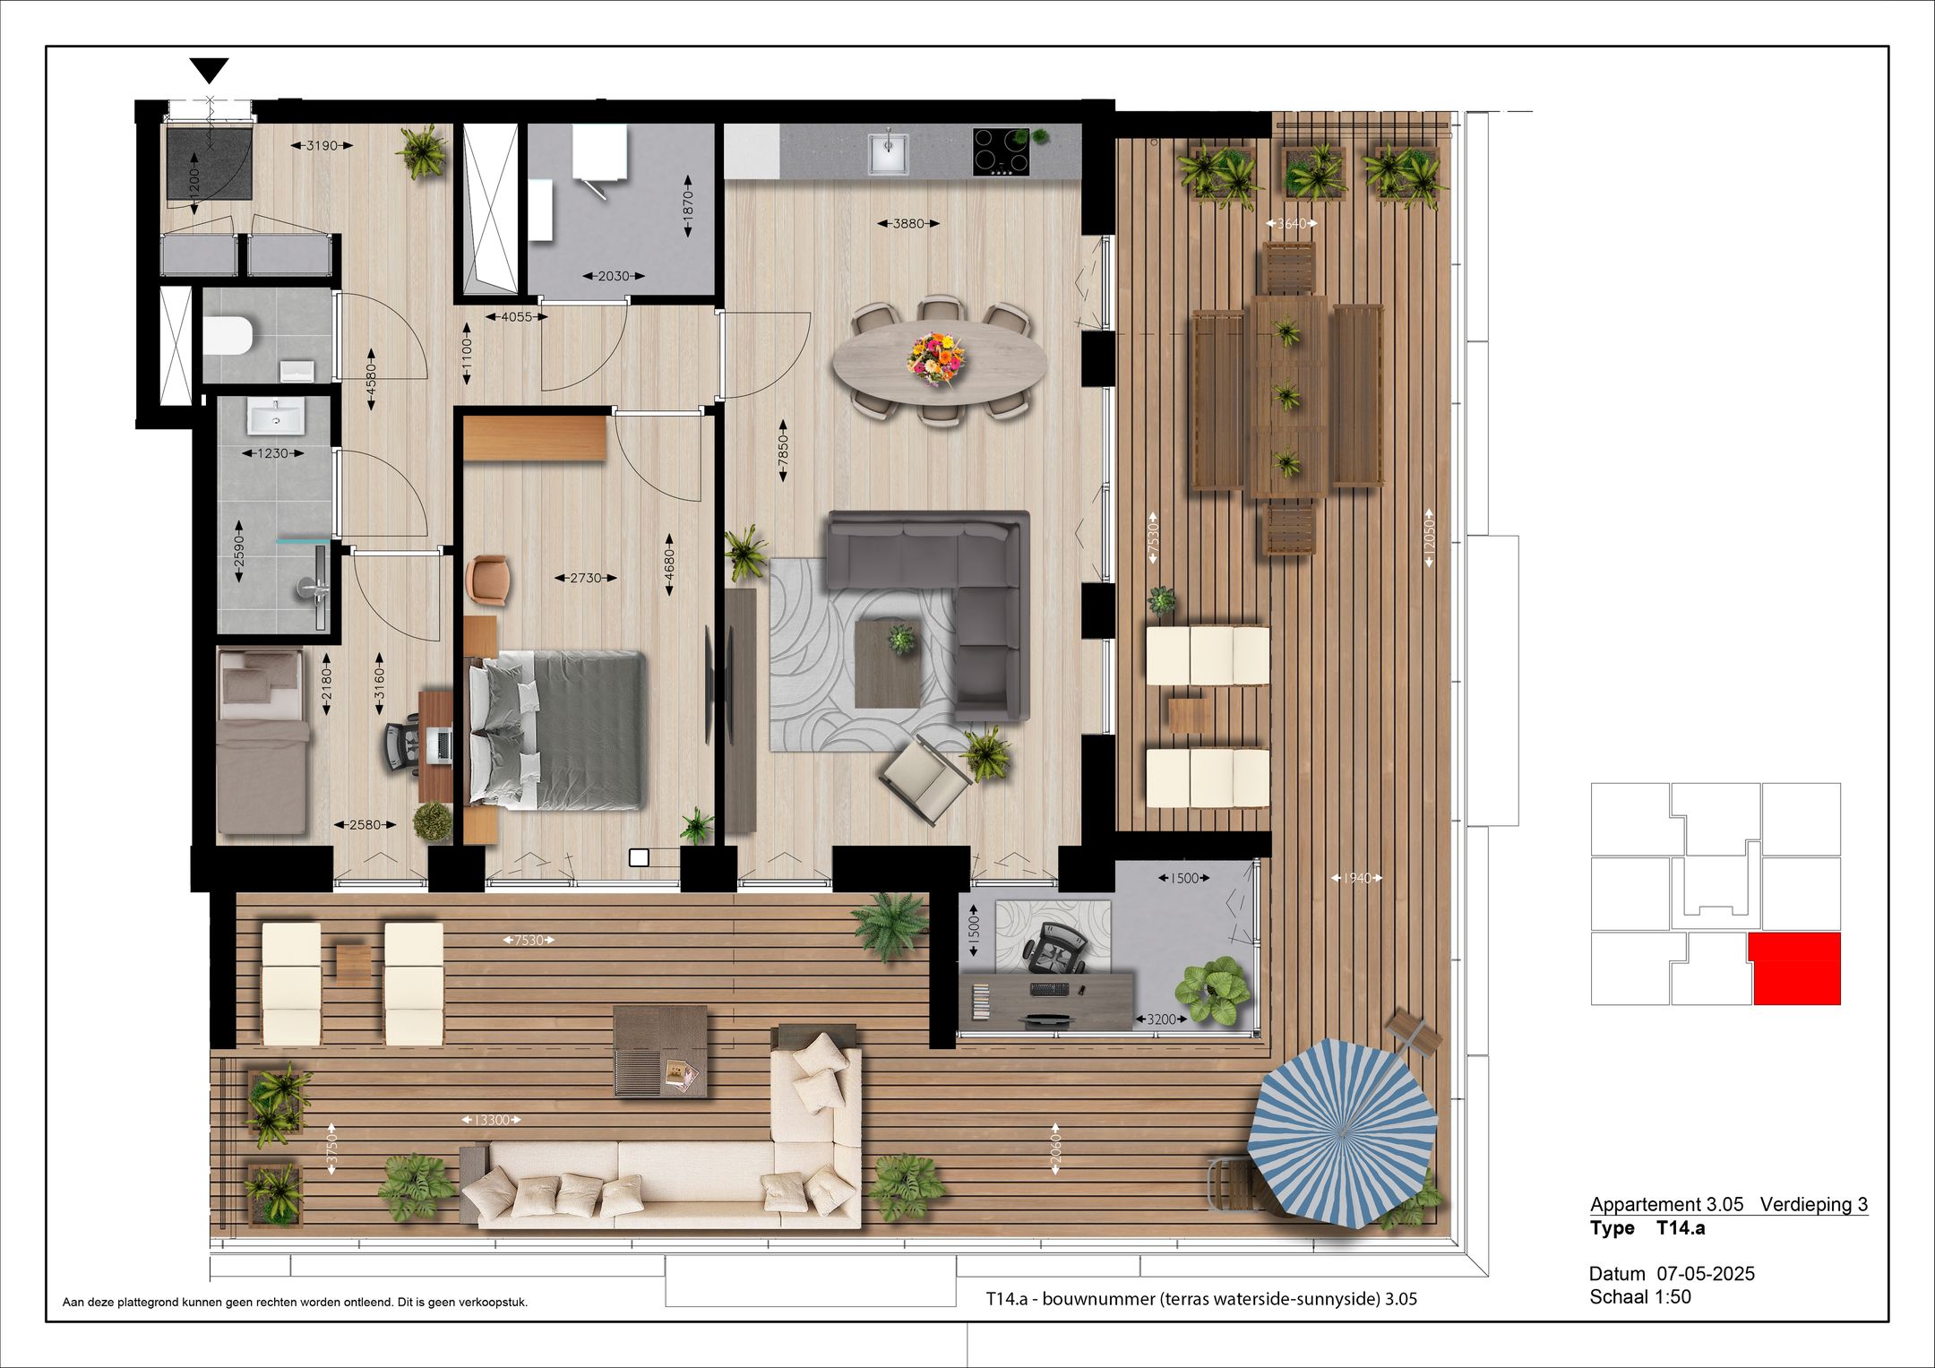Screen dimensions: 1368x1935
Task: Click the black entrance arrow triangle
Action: point(210,69)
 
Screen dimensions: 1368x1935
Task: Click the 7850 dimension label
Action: point(784,451)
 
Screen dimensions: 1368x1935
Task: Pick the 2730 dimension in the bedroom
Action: point(586,578)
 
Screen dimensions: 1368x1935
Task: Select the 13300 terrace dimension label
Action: point(491,1120)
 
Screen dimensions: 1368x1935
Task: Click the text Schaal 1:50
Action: point(1640,1296)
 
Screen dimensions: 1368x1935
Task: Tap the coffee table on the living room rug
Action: point(888,663)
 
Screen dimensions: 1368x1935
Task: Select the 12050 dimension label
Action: point(1429,538)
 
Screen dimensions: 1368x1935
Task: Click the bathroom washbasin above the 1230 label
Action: point(276,417)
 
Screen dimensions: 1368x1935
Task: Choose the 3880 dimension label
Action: point(908,223)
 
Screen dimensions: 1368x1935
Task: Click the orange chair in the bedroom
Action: point(488,578)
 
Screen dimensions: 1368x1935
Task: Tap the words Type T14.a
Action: point(1647,1228)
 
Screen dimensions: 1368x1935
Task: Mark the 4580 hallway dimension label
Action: point(371,380)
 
